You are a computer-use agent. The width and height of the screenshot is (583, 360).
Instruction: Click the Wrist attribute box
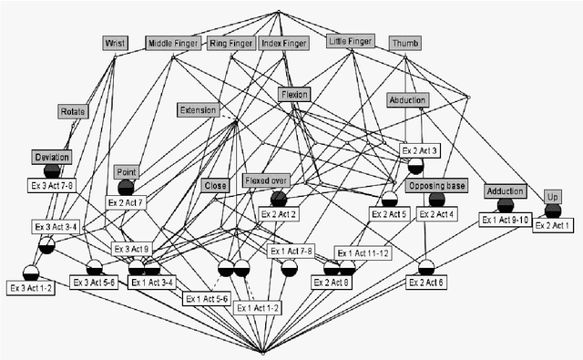(x=115, y=42)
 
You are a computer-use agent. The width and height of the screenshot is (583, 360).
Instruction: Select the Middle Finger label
(x=173, y=42)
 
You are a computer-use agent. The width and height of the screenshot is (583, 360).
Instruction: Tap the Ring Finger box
(x=231, y=42)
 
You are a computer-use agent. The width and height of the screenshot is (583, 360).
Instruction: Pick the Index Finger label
(x=283, y=42)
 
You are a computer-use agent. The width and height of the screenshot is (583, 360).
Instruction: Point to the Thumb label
(x=404, y=43)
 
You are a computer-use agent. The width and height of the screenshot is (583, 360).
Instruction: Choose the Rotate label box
(x=73, y=111)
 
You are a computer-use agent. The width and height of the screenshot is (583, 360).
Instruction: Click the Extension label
(x=199, y=110)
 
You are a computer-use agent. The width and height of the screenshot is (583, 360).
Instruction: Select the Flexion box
(x=295, y=94)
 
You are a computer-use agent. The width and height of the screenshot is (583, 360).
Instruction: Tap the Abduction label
(x=408, y=100)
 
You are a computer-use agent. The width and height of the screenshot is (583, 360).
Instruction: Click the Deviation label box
(x=52, y=157)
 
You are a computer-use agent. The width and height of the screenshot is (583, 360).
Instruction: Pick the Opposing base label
(x=437, y=186)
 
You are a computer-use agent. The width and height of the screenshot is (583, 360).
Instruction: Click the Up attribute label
(x=552, y=197)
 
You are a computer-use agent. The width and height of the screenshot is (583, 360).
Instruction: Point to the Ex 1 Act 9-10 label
(x=506, y=220)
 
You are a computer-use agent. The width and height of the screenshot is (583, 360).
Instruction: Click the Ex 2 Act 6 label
(x=425, y=283)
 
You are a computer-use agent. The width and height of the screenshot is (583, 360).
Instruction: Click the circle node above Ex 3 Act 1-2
(x=31, y=272)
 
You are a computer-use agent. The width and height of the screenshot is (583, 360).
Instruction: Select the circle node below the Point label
(x=126, y=187)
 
